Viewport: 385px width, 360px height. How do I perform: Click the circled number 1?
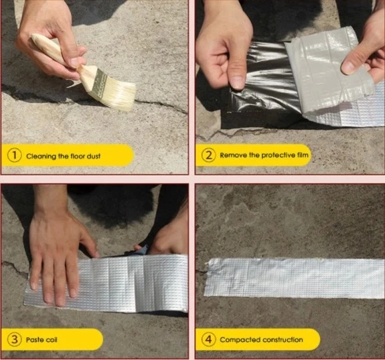pyautogui.click(x=15, y=155)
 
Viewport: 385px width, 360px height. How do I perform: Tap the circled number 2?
pyautogui.click(x=208, y=155)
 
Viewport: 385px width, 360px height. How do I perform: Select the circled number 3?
pyautogui.click(x=15, y=339)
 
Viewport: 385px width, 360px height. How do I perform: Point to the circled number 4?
pyautogui.click(x=208, y=339)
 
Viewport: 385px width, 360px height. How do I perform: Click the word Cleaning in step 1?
pyautogui.click(x=41, y=157)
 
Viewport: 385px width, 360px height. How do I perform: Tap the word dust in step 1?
pyautogui.click(x=94, y=156)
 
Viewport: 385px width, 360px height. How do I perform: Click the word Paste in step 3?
pyautogui.click(x=35, y=340)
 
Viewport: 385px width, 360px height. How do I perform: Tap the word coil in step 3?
pyautogui.click(x=52, y=340)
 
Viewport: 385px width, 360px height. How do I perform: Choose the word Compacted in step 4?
pyautogui.click(x=240, y=340)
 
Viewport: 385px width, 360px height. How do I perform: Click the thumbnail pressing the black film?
pyautogui.click(x=238, y=82)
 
